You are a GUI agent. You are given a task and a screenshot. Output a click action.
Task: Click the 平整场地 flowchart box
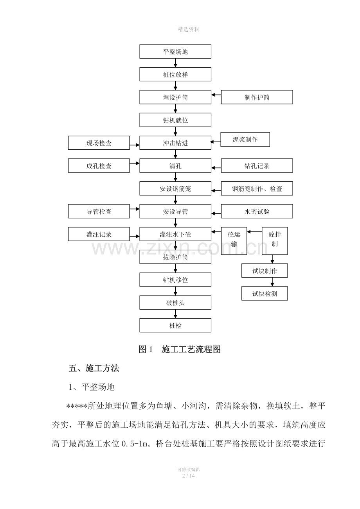(x=175, y=52)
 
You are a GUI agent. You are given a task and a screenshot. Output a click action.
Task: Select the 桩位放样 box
(x=175, y=74)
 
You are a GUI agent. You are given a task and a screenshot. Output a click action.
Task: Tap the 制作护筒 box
(x=257, y=97)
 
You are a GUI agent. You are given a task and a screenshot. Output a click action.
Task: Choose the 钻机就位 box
(x=175, y=120)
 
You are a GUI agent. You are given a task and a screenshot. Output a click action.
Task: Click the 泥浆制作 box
(x=245, y=140)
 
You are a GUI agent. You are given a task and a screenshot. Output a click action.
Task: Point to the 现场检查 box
(x=99, y=143)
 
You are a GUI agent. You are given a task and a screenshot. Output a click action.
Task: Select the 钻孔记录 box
(x=257, y=166)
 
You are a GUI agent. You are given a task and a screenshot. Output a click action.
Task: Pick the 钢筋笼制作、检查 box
(x=257, y=188)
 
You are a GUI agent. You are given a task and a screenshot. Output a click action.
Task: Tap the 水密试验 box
(x=257, y=211)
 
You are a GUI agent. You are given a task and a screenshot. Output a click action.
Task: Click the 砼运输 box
(x=234, y=241)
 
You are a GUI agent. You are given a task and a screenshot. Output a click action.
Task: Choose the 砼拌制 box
(x=275, y=241)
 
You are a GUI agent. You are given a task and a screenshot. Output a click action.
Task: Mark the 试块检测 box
(x=265, y=293)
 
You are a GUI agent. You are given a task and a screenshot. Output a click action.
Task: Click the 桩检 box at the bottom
(x=175, y=325)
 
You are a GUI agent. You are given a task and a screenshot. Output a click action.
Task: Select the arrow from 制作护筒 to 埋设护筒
(x=216, y=95)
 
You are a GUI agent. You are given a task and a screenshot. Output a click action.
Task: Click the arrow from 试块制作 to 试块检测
(x=272, y=282)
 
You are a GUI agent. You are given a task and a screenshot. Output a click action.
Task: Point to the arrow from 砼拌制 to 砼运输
(x=254, y=232)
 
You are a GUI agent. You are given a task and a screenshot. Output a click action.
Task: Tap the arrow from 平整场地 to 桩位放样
(x=175, y=63)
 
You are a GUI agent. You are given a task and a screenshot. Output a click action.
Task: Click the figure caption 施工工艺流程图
(x=191, y=349)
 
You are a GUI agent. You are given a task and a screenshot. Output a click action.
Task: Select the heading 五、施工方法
(x=94, y=368)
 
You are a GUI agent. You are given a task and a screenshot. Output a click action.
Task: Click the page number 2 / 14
(x=189, y=476)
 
